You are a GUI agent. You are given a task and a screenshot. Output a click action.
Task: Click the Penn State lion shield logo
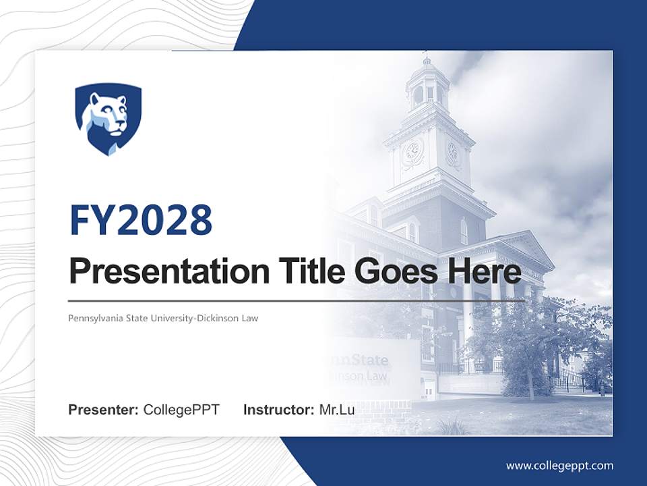pyautogui.click(x=108, y=119)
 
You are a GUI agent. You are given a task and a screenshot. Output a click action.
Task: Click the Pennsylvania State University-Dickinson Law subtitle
pyautogui.click(x=163, y=317)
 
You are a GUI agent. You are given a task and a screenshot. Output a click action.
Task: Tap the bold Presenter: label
pyautogui.click(x=104, y=410)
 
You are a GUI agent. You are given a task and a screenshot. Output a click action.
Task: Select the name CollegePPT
pyautogui.click(x=181, y=410)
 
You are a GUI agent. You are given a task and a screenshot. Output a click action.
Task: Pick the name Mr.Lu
pyautogui.click(x=337, y=410)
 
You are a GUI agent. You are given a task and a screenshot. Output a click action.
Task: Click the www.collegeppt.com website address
pyautogui.click(x=559, y=466)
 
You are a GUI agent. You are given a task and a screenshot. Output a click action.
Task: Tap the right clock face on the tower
pyautogui.click(x=452, y=153)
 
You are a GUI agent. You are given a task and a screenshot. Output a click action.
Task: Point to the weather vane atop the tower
pyautogui.click(x=425, y=54)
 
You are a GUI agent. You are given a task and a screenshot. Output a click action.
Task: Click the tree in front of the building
pyautogui.click(x=526, y=337)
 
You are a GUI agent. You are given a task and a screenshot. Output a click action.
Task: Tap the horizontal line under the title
pyautogui.click(x=297, y=300)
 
